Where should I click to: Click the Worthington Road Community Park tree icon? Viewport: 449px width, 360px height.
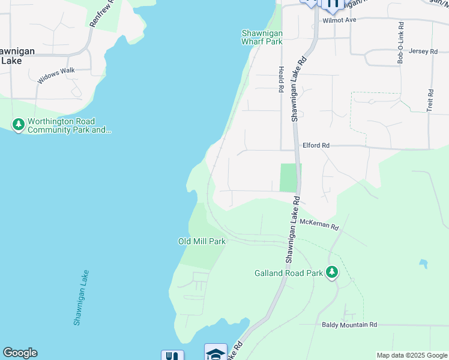click(19, 125)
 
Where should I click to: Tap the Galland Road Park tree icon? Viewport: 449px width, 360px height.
click(331, 273)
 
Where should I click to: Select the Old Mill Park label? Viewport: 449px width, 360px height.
click(202, 241)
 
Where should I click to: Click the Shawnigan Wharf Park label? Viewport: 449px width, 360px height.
click(262, 37)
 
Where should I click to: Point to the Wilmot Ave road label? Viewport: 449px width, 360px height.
click(340, 20)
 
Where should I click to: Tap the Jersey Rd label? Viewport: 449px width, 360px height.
click(423, 52)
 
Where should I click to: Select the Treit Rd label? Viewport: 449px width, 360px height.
click(430, 100)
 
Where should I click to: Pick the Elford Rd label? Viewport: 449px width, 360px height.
click(316, 145)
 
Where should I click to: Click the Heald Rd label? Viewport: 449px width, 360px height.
click(280, 80)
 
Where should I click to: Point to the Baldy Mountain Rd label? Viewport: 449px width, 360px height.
click(348, 325)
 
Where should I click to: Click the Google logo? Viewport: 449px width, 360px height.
click(20, 353)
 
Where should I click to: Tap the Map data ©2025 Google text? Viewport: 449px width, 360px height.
click(411, 355)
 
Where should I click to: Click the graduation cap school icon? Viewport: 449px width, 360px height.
click(215, 353)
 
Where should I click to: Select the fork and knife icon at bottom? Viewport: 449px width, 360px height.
click(172, 355)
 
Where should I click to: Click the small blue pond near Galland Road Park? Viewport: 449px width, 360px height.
click(423, 263)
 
